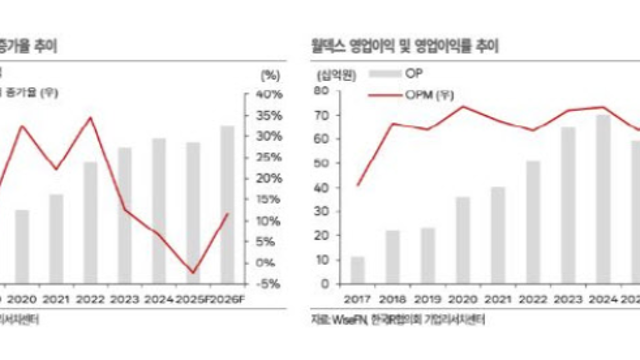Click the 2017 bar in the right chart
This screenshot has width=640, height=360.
pos(357,270)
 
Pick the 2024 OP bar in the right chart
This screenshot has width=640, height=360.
pos(603,199)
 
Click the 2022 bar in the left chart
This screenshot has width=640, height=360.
pos(90,222)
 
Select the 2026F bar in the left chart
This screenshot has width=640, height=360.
pos(227,204)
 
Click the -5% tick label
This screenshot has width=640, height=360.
pos(269,284)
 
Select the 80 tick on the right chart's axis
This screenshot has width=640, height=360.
pos(325,93)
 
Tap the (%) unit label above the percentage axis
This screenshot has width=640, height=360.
pos(269,75)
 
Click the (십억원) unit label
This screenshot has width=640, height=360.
pos(334,74)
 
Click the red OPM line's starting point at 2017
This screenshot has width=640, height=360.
pos(358,186)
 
